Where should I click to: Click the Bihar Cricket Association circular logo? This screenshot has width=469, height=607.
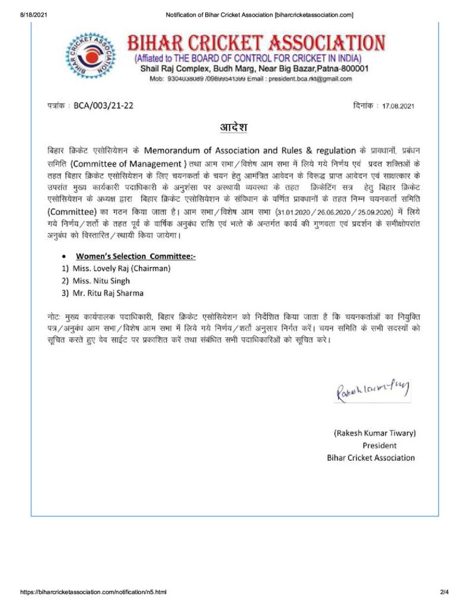click(x=90, y=56)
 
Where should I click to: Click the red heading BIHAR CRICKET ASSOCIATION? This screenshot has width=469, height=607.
click(x=256, y=43)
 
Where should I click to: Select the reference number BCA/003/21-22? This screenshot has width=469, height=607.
click(x=104, y=106)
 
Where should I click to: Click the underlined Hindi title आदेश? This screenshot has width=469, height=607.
click(x=234, y=127)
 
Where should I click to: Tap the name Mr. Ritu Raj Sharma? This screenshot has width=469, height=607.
click(x=107, y=293)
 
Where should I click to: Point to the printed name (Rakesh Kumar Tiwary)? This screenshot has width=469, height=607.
click(x=374, y=433)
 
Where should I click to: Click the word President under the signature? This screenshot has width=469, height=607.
click(x=379, y=445)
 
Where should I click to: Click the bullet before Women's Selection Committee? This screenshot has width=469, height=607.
click(x=64, y=257)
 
